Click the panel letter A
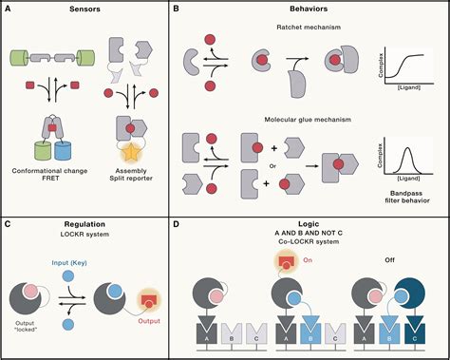point(9,8)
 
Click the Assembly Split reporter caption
point(131,179)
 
